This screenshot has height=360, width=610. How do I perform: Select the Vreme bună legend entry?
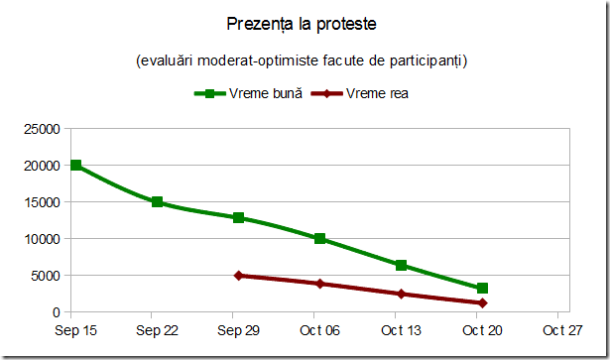[249, 94]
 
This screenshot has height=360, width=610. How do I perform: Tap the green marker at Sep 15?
[76, 166]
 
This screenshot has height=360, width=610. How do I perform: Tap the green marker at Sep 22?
[158, 202]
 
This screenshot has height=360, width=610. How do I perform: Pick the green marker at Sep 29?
[239, 218]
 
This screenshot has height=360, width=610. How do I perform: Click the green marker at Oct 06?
[319, 239]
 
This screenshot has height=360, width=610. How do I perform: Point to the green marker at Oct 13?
[401, 266]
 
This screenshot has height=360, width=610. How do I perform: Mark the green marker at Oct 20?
[482, 289]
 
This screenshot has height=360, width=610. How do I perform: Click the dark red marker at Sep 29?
[239, 276]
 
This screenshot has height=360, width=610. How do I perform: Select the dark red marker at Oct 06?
[319, 284]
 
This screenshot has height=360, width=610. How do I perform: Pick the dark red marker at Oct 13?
[401, 295]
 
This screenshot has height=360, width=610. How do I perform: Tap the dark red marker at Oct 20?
[482, 303]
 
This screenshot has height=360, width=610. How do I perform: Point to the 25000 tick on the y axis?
[43, 129]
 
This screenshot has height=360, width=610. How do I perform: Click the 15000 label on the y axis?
[43, 202]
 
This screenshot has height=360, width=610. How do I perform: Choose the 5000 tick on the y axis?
[47, 276]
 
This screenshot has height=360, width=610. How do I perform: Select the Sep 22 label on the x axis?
[158, 330]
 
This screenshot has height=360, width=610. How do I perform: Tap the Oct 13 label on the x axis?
[401, 330]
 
